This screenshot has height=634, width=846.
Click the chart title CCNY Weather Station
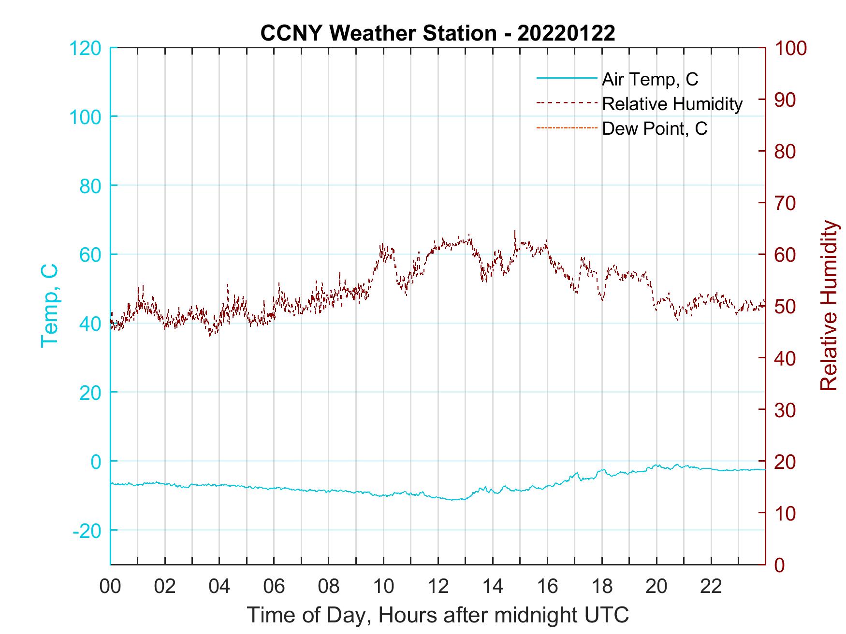pos(438,33)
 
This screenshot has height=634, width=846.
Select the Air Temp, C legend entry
pos(649,79)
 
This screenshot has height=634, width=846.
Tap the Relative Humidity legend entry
pos(671,104)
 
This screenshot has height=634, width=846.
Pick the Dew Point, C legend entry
pos(654,129)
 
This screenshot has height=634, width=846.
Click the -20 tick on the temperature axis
pos(87,531)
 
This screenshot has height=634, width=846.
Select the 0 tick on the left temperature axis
pos(96,462)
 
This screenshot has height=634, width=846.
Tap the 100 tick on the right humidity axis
pos(791,48)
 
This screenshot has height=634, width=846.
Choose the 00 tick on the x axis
pos(110,586)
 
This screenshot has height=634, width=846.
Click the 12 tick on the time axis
pos(438,586)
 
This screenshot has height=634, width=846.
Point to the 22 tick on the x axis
pos(711,586)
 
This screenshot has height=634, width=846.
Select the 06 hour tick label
pos(274,586)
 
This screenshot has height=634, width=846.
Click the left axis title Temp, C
pos(50,306)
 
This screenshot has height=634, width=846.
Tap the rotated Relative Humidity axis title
pos(829,306)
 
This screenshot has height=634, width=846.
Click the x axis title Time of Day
pos(438,615)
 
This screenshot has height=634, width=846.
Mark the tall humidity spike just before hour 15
pos(515,232)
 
